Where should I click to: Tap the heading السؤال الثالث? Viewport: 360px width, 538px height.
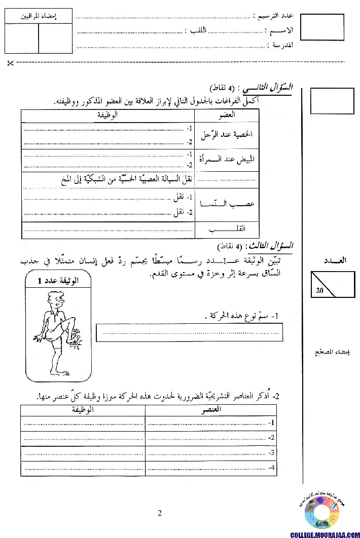coord(276,246)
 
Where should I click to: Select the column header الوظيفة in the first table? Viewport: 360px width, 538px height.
coord(107,115)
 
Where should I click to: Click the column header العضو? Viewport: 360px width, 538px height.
coord(227,115)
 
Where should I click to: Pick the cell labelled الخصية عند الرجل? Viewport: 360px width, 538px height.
coord(227,135)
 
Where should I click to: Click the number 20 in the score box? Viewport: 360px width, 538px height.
coord(319,291)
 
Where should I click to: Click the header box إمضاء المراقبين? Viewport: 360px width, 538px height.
coord(39,16)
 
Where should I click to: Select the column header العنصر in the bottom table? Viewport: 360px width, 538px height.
coord(210,411)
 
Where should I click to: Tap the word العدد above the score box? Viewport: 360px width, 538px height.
coord(335,260)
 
